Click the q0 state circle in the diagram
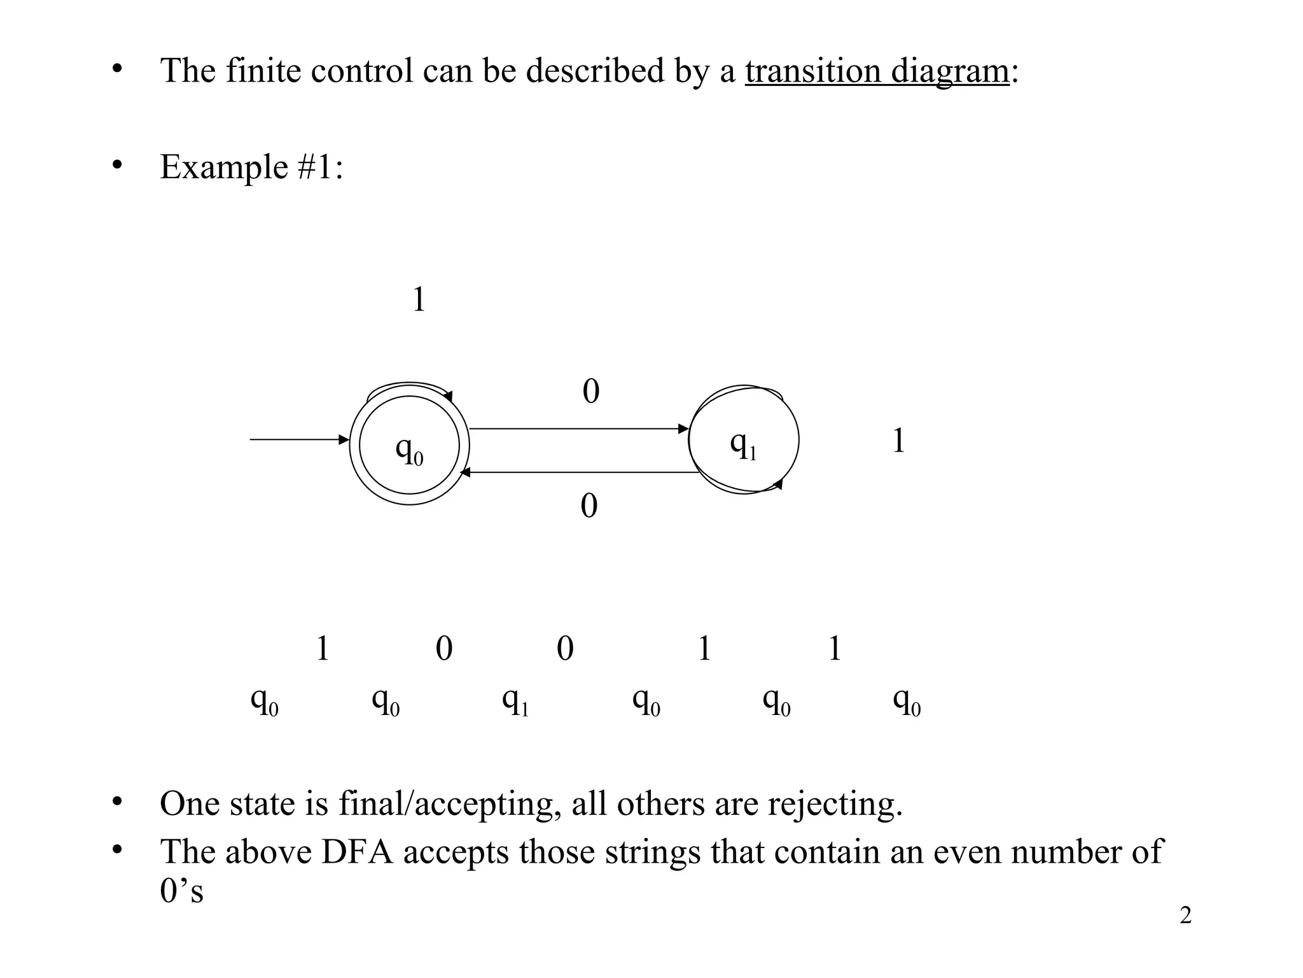pyautogui.click(x=409, y=445)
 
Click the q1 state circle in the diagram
pyautogui.click(x=744, y=440)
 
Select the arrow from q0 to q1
pyautogui.click(x=578, y=429)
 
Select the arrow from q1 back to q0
pyautogui.click(x=578, y=472)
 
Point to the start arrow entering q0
pyautogui.click(x=299, y=439)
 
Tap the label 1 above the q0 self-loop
pyautogui.click(x=419, y=299)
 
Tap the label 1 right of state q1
pyautogui.click(x=898, y=441)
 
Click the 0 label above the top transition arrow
pyautogui.click(x=591, y=391)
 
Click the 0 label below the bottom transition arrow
pyautogui.click(x=589, y=506)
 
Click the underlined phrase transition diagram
pyautogui.click(x=877, y=71)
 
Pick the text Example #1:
pyautogui.click(x=251, y=167)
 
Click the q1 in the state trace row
pyautogui.click(x=515, y=701)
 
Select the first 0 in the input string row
pyautogui.click(x=444, y=649)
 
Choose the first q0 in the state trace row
pyautogui.click(x=265, y=701)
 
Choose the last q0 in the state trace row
pyautogui.click(x=907, y=701)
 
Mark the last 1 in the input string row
pyautogui.click(x=835, y=649)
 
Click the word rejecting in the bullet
pyautogui.click(x=835, y=804)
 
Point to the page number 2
pyautogui.click(x=1185, y=916)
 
